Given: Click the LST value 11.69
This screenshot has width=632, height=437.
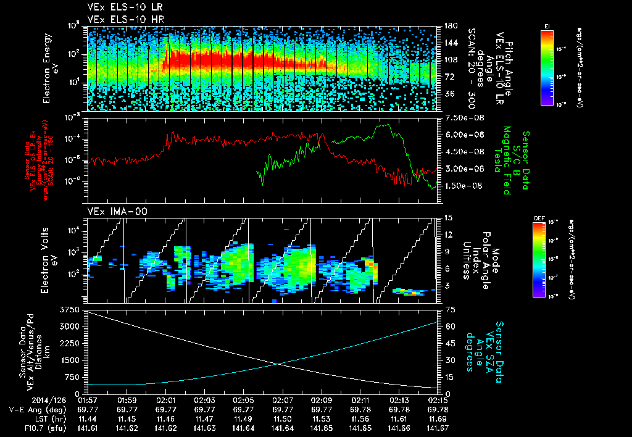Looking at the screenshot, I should click(x=438, y=419).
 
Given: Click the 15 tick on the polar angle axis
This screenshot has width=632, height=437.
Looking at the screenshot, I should click(x=447, y=218).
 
